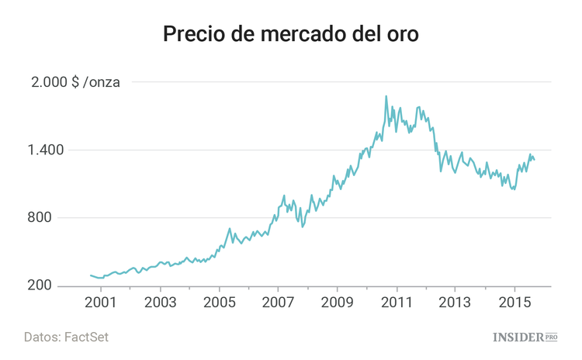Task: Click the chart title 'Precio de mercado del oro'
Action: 291,35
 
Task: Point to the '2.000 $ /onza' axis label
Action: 74,83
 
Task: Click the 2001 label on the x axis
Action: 100,302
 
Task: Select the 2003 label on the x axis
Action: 159,302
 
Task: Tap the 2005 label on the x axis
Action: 219,302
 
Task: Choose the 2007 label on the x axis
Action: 278,302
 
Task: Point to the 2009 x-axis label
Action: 338,302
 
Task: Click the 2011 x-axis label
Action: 397,302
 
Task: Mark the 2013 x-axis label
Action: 456,302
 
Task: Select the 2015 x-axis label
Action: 515,302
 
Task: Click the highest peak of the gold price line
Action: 386,97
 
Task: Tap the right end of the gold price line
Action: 535,160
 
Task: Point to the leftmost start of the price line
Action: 91,275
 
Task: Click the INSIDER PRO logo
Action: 525,337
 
